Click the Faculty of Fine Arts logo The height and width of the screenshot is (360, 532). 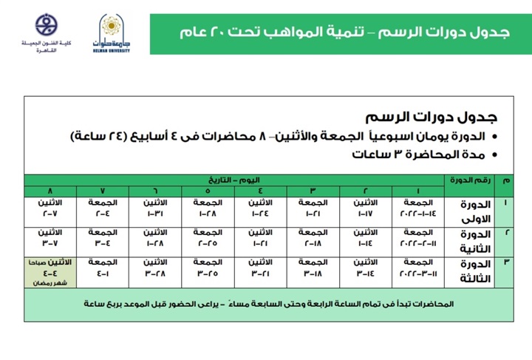point(47,33)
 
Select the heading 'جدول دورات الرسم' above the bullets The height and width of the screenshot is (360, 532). point(432,118)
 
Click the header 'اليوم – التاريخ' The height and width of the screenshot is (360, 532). point(234,180)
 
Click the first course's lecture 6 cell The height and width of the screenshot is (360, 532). point(154,208)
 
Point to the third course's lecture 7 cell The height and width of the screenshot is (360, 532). point(102,267)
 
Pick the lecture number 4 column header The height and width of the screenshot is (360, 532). point(261,191)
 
